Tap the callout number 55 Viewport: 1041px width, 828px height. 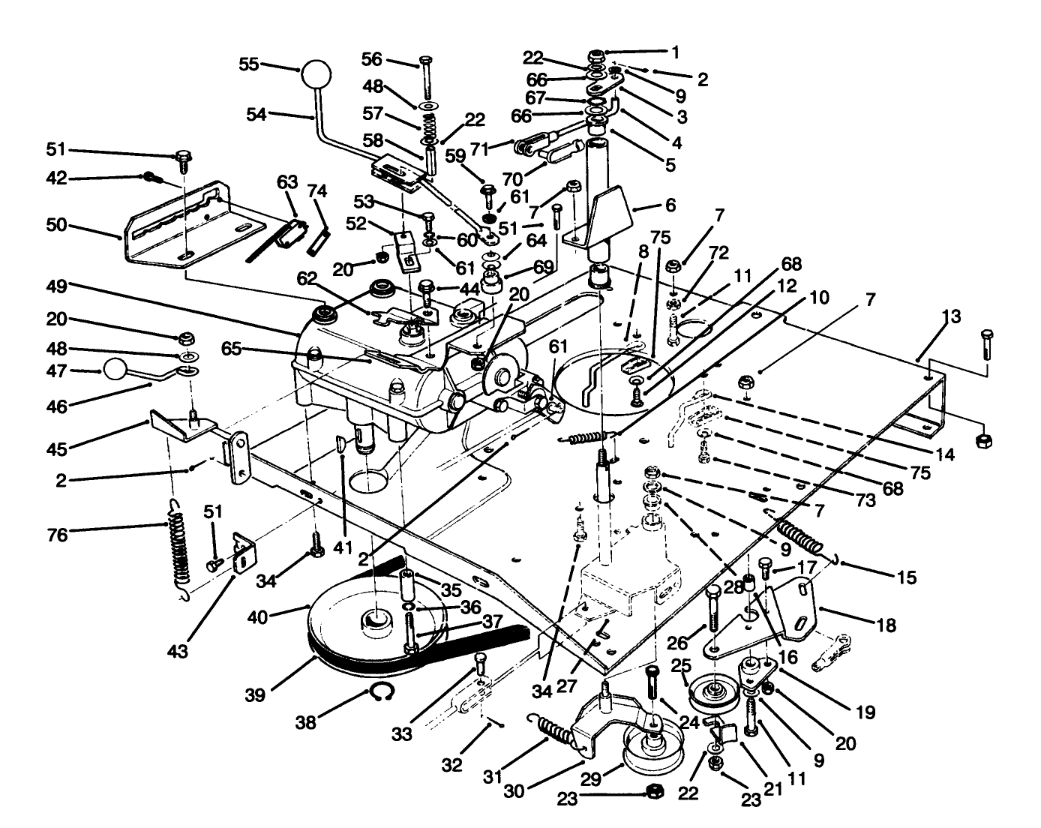coord(249,64)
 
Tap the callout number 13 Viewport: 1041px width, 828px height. coord(950,316)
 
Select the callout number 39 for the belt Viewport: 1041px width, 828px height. coord(255,694)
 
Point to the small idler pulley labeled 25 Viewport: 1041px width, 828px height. coord(714,691)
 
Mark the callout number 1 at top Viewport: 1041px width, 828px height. coord(675,52)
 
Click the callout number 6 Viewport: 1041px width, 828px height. coord(670,205)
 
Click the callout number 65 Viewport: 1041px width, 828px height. coord(233,349)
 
